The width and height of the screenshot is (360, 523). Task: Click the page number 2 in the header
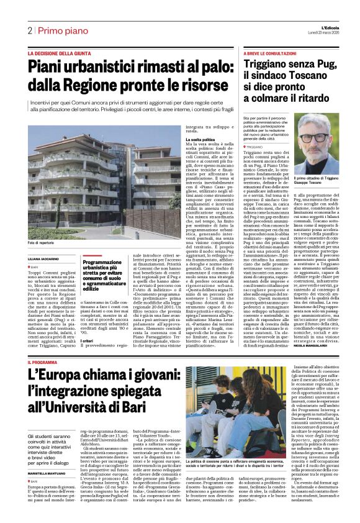(30, 30)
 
